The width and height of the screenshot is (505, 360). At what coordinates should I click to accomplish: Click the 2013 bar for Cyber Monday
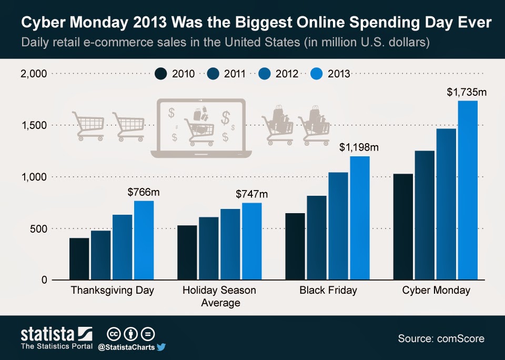467,190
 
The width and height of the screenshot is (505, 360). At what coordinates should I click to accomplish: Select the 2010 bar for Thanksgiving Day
79,258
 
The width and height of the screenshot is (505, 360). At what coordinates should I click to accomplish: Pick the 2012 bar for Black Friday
338,226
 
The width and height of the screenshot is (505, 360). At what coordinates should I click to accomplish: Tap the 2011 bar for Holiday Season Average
208,248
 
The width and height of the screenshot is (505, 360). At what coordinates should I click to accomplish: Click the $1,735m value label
467,92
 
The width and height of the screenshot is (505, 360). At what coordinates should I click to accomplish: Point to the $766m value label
144,192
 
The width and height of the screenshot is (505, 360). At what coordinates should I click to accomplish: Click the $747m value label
251,194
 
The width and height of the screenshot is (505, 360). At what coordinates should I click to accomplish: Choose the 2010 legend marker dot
161,74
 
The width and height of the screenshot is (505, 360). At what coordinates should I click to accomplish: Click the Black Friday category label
328,290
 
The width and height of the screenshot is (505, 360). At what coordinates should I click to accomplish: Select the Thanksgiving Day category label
112,290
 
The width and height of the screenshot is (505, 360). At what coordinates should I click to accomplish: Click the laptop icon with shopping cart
202,128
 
